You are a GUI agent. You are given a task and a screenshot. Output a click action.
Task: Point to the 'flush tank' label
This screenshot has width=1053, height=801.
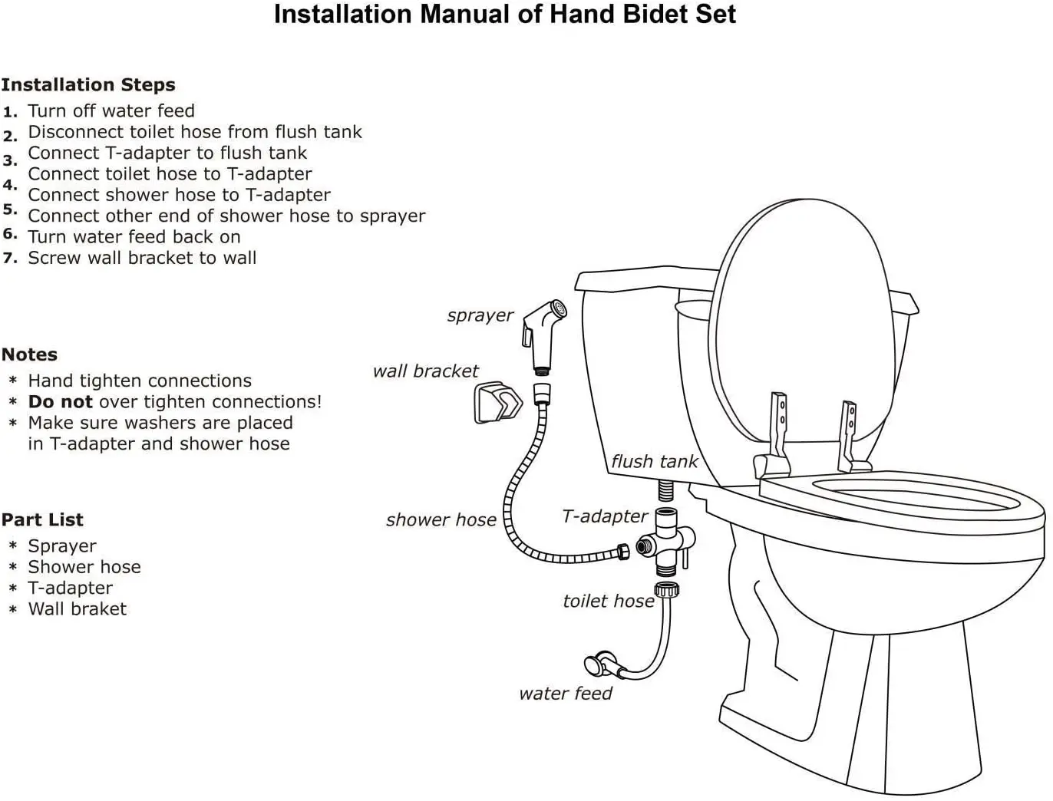click(654, 461)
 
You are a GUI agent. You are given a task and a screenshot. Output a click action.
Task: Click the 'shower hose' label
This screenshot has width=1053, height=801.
click(441, 519)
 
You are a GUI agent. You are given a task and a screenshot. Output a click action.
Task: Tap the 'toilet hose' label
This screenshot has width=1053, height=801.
click(608, 601)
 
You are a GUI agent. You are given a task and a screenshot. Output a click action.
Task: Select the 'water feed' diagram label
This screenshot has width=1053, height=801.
click(566, 694)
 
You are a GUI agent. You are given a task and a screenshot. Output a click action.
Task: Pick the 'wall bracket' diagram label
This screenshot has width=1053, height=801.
click(425, 371)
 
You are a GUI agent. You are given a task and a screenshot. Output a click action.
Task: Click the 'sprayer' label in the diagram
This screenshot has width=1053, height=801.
click(480, 315)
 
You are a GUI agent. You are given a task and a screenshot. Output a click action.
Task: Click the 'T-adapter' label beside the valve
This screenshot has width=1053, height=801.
click(605, 516)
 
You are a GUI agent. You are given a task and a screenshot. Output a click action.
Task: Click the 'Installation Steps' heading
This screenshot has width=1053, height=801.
click(88, 84)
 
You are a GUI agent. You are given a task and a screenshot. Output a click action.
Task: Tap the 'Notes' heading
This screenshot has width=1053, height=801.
click(29, 354)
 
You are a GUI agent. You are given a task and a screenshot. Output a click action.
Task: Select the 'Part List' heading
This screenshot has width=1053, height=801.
click(42, 519)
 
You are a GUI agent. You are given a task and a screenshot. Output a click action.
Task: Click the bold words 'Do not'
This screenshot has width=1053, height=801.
click(60, 401)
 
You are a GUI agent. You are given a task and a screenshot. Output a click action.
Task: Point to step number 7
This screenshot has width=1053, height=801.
click(9, 259)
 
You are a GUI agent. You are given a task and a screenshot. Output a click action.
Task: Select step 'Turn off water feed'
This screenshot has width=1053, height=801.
click(111, 110)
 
